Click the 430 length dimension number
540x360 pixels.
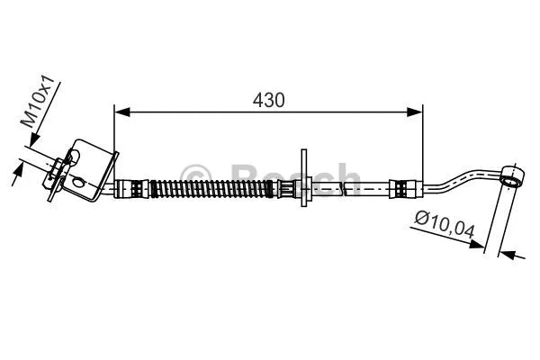pos(268,101)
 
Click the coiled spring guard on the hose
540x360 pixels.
pos(211,190)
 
